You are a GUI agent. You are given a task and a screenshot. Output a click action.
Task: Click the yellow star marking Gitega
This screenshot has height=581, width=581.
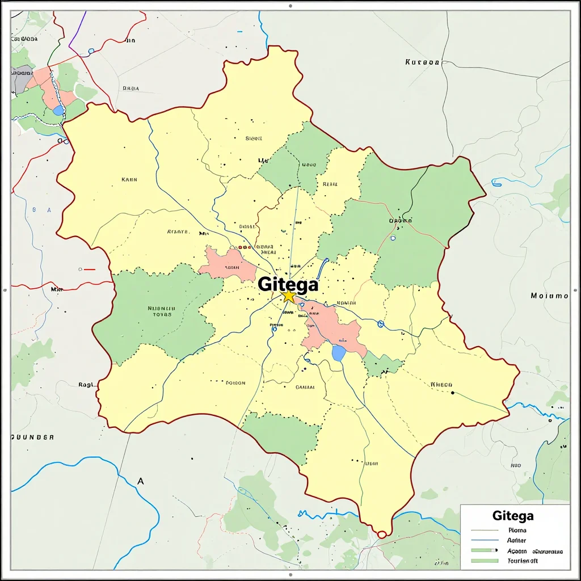point(289,296)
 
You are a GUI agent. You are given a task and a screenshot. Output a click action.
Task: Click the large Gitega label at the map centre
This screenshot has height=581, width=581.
point(288,284)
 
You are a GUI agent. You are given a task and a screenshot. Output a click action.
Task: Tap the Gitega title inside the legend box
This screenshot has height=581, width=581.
point(513,516)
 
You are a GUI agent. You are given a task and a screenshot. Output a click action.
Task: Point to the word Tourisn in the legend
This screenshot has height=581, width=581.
point(523,561)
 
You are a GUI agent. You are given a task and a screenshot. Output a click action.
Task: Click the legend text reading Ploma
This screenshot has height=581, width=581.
point(517,531)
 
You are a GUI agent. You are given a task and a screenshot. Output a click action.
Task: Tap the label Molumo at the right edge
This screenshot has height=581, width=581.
point(549,296)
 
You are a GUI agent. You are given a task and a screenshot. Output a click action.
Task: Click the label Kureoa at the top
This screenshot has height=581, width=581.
point(423,62)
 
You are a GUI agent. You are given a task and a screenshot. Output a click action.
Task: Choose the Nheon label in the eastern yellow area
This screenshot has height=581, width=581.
point(441,385)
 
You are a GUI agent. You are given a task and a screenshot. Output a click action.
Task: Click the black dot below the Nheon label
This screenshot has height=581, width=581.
point(452,393)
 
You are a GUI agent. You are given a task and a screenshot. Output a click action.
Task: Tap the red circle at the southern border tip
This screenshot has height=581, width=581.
point(381,534)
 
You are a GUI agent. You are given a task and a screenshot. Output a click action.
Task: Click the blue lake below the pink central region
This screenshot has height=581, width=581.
point(339,353)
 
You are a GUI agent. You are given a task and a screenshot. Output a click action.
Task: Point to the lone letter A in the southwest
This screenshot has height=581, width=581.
point(141,481)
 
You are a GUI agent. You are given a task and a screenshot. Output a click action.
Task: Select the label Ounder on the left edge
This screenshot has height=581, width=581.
point(33,437)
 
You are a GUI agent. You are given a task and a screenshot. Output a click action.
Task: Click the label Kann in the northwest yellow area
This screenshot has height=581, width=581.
point(129,179)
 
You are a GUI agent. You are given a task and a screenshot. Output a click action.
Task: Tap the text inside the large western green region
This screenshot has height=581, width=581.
point(161,311)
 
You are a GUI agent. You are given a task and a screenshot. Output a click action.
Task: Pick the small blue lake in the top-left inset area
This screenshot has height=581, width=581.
point(58,110)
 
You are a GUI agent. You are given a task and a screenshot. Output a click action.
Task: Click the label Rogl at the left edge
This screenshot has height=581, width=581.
point(85,385)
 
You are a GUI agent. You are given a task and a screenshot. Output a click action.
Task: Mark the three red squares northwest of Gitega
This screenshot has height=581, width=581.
point(244,247)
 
